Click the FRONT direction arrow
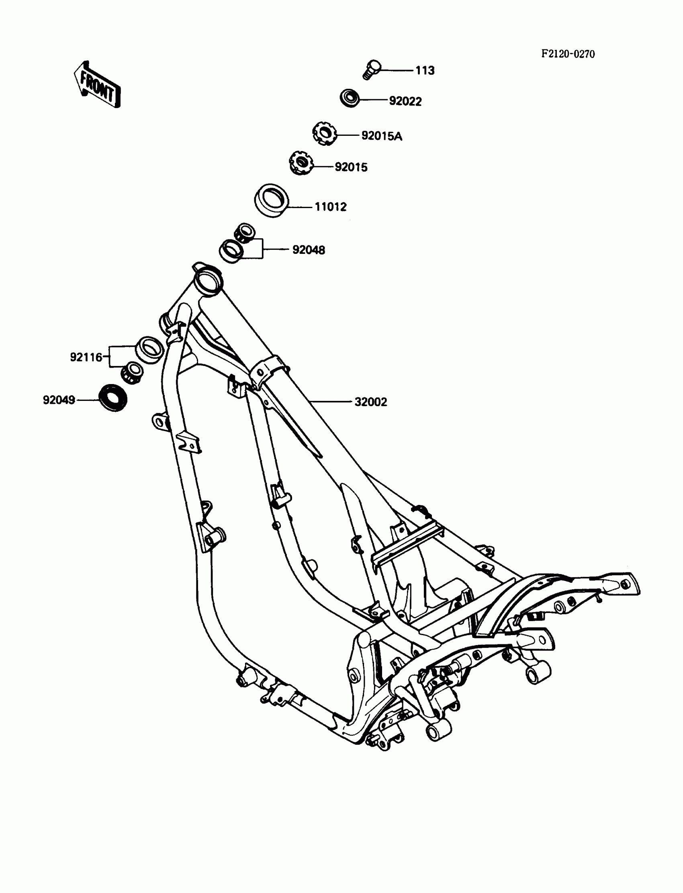coord(97,84)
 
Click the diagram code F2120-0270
coord(568,54)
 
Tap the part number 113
coord(425,71)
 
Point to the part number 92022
coord(405,101)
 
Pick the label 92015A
coord(381,136)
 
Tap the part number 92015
coord(351,167)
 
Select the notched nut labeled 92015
coord(301,163)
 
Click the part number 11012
coord(331,207)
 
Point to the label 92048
coord(309,250)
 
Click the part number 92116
coord(86,357)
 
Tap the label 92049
coord(59,401)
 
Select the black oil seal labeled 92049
coord(113,398)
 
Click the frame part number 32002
coord(370,402)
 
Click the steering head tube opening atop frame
coord(209,279)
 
